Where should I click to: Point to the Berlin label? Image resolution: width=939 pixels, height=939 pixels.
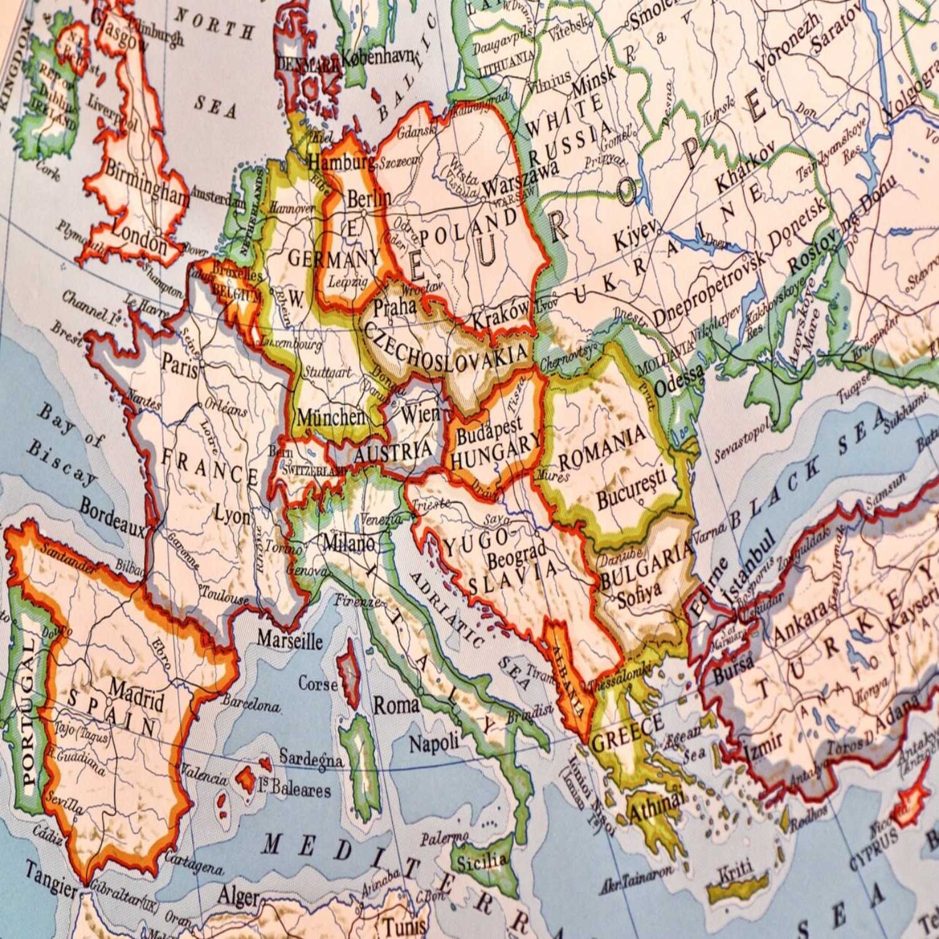369,200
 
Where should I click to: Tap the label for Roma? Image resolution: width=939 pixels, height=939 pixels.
396,706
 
